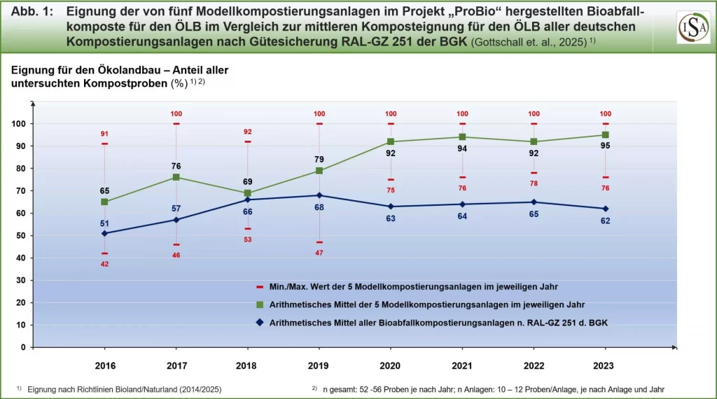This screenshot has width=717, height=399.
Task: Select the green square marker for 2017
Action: coord(176,177)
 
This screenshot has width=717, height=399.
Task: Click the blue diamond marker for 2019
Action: coord(319,195)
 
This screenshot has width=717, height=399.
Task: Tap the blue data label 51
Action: coord(105,223)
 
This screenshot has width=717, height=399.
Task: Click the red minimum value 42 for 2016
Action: coord(105,264)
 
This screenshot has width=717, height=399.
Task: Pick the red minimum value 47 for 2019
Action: coord(319,253)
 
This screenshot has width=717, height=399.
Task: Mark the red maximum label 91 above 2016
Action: coord(105,134)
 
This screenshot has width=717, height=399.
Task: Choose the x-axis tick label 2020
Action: coord(391,365)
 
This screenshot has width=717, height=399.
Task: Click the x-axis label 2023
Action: coord(605,365)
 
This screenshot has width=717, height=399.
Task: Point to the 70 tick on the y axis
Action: coord(20,190)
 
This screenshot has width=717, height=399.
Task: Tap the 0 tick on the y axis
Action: coord(23,347)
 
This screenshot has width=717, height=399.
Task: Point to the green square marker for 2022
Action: coord(534,141)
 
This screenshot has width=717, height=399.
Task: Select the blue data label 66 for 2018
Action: coord(248,211)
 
